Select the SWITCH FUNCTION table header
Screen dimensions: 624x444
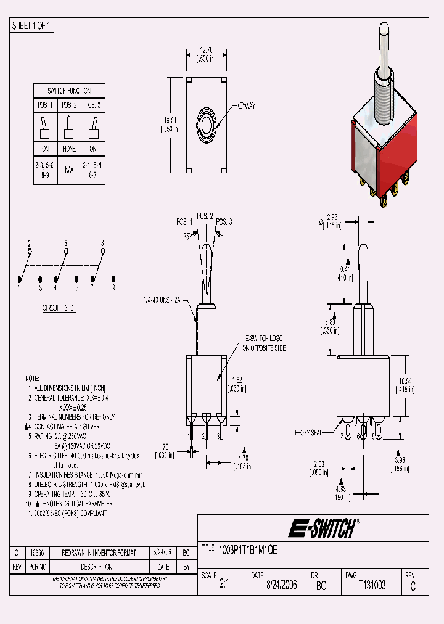69,90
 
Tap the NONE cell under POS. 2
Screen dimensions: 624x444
69,149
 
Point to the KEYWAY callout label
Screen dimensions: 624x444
245,106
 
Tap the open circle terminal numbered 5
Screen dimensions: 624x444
66,251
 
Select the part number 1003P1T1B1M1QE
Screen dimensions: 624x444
249,549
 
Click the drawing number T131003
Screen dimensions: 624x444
372,585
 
